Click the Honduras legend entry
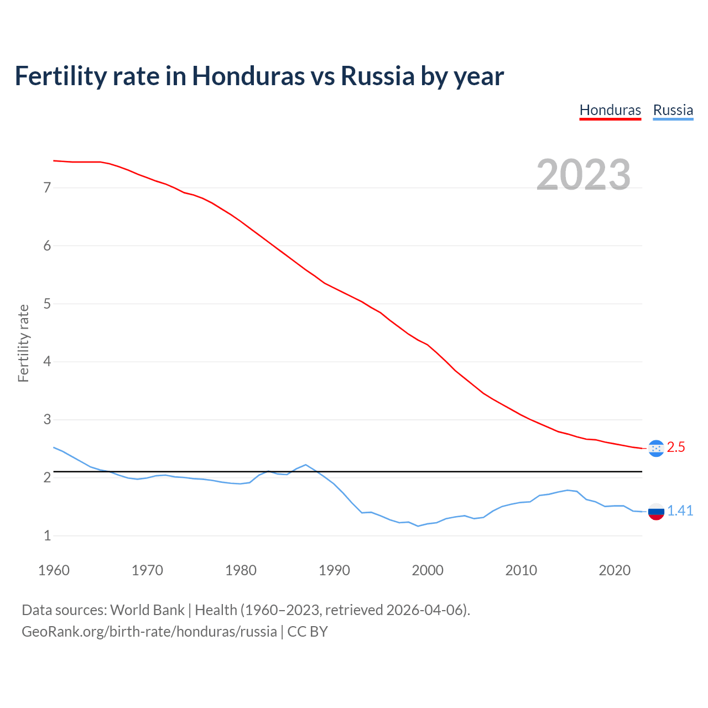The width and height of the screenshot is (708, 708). coord(610,110)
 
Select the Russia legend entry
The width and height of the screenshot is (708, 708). coord(673,110)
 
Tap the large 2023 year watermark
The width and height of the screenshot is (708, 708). coord(584,175)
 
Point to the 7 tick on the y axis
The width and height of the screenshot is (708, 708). coord(47,188)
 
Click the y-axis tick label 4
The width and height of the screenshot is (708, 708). coord(47,362)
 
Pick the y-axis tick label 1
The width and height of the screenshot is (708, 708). coord(47,535)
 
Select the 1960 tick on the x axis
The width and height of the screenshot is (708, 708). coord(54,570)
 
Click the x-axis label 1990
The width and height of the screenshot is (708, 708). coord(334,570)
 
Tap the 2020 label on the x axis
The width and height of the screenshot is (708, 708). coord(615,570)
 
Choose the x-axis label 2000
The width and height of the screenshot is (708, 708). coord(428,570)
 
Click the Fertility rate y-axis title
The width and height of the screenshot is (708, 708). coord(23,343)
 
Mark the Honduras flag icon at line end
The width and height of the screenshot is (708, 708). coord(656,449)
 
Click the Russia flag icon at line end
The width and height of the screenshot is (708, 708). coord(656,512)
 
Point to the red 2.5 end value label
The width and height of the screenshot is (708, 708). coord(676,447)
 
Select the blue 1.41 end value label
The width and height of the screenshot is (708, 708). coord(680,511)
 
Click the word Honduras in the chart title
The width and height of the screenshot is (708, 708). coord(248,76)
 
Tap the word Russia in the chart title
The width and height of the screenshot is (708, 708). coord(377,76)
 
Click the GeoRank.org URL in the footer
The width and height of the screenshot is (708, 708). coord(149,632)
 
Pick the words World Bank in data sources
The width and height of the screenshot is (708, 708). coord(147,610)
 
